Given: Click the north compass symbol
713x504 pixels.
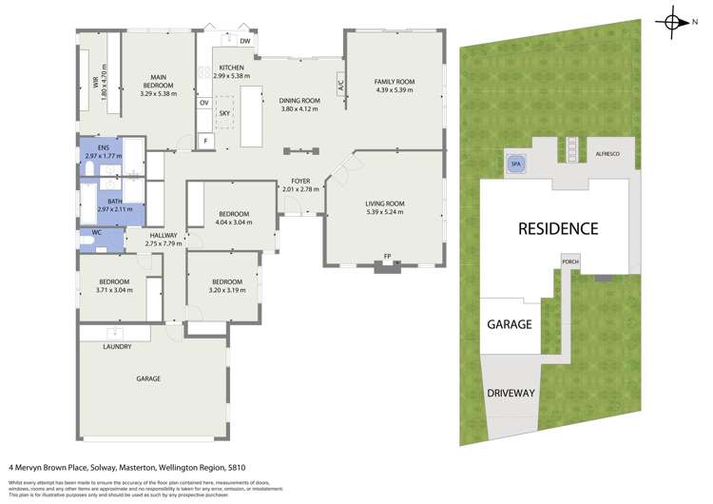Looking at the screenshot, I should click(673, 22).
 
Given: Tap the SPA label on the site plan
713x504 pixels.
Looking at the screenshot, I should click(516, 164).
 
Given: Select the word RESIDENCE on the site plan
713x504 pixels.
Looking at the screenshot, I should click(557, 228).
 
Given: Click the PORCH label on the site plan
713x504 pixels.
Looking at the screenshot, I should click(570, 262).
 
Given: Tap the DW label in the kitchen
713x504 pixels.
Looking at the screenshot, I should click(244, 42).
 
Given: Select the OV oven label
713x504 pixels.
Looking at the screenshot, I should click(203, 103).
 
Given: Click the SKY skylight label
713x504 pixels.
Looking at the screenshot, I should click(224, 113).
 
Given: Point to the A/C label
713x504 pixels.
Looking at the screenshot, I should click(339, 85).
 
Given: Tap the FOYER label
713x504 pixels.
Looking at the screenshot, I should click(301, 181).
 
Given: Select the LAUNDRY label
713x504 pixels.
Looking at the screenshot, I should click(117, 346).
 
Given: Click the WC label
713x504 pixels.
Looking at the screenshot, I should click(95, 232).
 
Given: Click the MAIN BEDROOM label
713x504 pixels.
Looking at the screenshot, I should click(159, 80).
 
